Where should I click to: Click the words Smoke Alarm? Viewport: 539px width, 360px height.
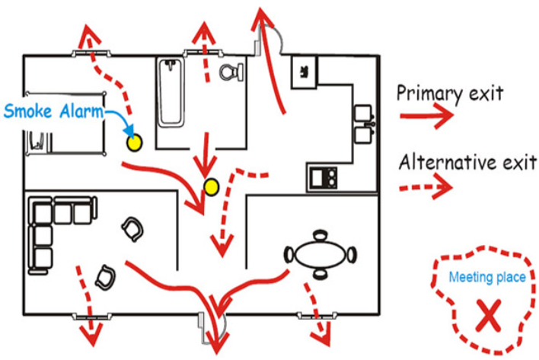click(x=53, y=111)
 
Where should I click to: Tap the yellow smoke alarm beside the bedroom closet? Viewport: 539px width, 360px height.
click(x=134, y=142)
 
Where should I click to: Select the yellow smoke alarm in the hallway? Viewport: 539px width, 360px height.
click(x=211, y=187)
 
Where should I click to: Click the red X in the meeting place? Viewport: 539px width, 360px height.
click(x=489, y=315)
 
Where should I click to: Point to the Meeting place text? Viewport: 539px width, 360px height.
click(x=487, y=277)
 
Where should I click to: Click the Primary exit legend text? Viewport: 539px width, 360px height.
click(x=450, y=94)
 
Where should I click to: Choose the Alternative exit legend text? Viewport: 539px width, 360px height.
click(x=467, y=162)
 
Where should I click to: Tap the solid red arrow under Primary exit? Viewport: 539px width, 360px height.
click(x=426, y=116)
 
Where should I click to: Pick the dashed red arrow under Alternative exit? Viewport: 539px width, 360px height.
click(x=426, y=186)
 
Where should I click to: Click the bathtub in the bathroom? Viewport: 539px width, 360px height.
click(x=171, y=92)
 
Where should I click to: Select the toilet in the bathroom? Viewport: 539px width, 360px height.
click(x=231, y=72)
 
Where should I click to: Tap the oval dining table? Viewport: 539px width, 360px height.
click(x=320, y=255)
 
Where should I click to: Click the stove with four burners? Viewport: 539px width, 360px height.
click(x=323, y=177)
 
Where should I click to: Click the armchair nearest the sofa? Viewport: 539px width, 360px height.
click(x=132, y=229)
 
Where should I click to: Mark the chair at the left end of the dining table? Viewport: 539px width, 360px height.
click(x=289, y=255)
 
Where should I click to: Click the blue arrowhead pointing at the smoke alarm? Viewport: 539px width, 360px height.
click(x=129, y=132)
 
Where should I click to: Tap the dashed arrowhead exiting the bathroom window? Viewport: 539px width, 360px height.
click(x=204, y=33)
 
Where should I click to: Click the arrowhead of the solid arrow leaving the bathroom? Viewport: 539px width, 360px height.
click(x=206, y=167)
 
